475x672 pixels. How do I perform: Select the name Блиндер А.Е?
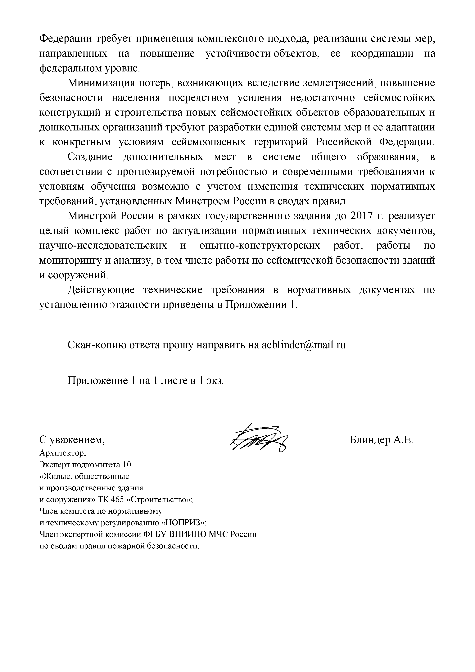click(381, 440)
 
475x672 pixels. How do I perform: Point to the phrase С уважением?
click(72, 440)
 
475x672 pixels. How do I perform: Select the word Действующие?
click(101, 290)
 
